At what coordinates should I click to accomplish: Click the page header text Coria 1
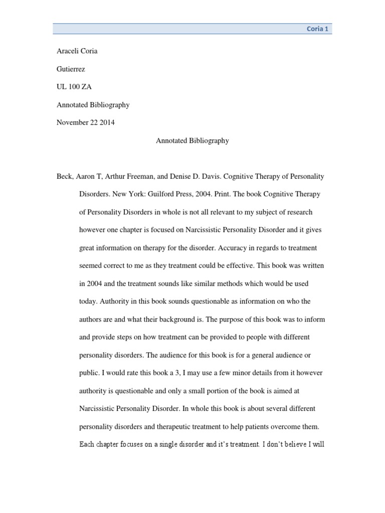317,29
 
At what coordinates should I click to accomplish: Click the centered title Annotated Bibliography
192,141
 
